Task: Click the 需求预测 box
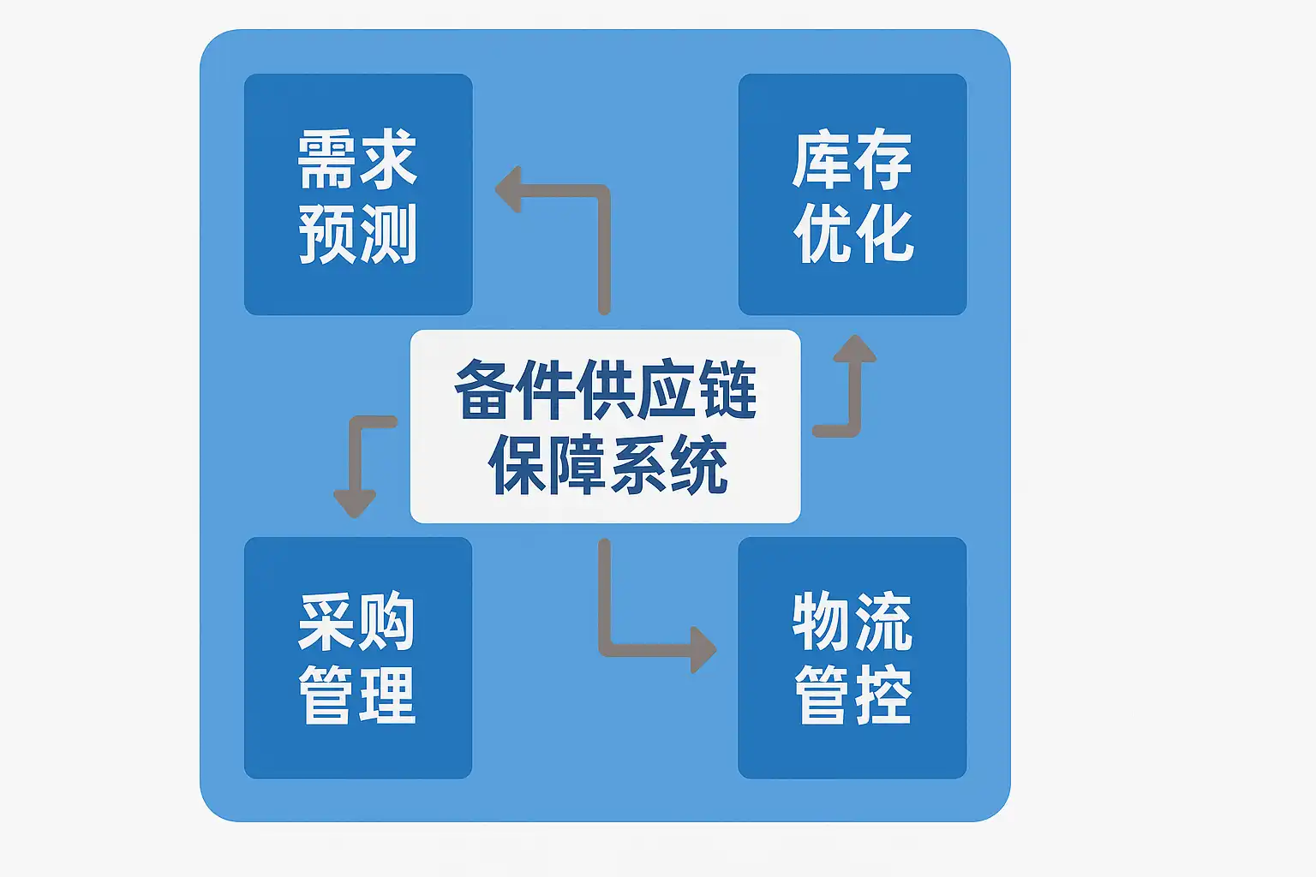point(358,194)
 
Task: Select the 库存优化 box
point(852,194)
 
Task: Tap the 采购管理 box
point(358,658)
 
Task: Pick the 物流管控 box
point(852,658)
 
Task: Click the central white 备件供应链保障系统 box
point(605,426)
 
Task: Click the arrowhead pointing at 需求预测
point(509,189)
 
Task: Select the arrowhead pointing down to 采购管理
point(355,502)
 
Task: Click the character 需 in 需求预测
point(327,159)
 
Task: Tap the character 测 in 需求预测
point(388,233)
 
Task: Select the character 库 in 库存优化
point(822,159)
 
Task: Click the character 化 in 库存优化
point(884,233)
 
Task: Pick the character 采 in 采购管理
point(327,622)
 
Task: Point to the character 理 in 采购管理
point(388,695)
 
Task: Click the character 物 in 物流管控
point(822,622)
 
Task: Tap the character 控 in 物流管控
point(882,695)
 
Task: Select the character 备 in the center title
point(484,390)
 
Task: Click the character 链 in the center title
point(728,390)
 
